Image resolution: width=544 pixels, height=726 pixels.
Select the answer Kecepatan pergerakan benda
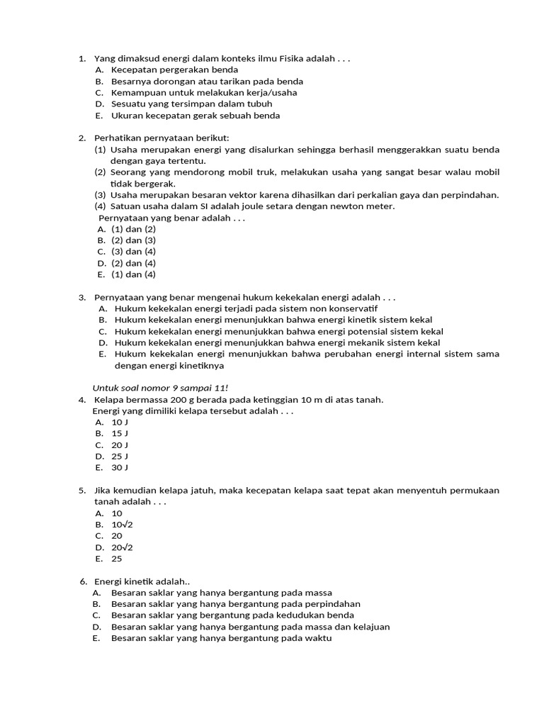pyautogui.click(x=174, y=69)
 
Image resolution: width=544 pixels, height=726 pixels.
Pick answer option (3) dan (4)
pyautogui.click(x=133, y=252)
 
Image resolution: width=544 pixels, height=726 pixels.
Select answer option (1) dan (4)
pyautogui.click(x=133, y=274)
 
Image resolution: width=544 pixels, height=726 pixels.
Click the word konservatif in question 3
pyautogui.click(x=349, y=308)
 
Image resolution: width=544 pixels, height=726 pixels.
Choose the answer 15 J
pyautogui.click(x=120, y=433)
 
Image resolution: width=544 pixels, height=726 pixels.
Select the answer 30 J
pyautogui.click(x=120, y=467)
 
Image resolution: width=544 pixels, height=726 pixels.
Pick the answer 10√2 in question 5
pyautogui.click(x=122, y=525)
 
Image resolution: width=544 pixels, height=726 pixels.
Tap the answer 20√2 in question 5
pyautogui.click(x=122, y=547)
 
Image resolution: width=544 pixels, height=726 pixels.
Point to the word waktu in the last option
pyautogui.click(x=318, y=638)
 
